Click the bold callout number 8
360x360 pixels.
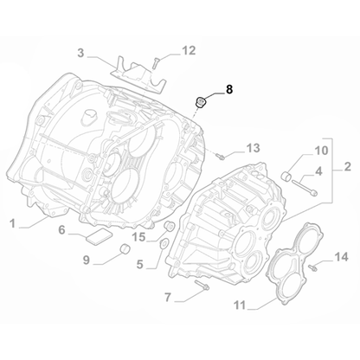[229, 88]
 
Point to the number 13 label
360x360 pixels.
[253, 148]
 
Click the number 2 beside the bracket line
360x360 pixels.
[347, 165]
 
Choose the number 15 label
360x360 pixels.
[139, 236]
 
